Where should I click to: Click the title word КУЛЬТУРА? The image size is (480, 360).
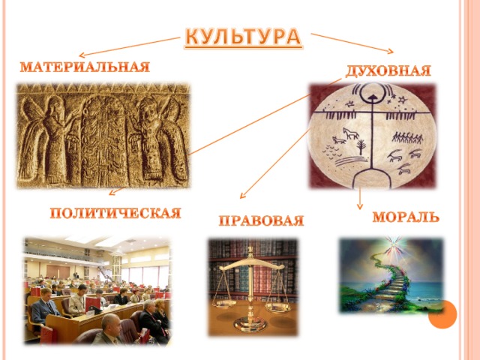click(243, 37)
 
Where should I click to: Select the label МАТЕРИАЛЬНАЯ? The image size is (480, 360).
click(85, 67)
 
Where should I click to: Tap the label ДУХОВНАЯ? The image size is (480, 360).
click(388, 71)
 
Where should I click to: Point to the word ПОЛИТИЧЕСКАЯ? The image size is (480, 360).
click(115, 213)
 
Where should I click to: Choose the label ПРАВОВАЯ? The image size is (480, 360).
click(261, 220)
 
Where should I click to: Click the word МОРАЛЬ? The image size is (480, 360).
click(406, 217)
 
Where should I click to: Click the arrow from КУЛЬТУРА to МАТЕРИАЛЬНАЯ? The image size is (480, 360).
click(130, 46)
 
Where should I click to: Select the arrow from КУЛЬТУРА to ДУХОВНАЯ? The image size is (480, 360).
click(352, 43)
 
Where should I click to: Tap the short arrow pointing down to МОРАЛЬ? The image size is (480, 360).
click(360, 198)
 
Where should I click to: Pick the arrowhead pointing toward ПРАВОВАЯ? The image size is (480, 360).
click(242, 196)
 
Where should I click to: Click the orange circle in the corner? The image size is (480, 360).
click(442, 314)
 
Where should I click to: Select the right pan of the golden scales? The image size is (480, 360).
click(278, 307)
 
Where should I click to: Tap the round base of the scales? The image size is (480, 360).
click(250, 325)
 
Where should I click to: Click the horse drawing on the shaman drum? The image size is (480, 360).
click(351, 133)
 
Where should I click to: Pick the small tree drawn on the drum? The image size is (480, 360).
click(361, 146)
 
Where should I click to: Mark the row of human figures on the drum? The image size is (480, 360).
click(407, 137)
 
